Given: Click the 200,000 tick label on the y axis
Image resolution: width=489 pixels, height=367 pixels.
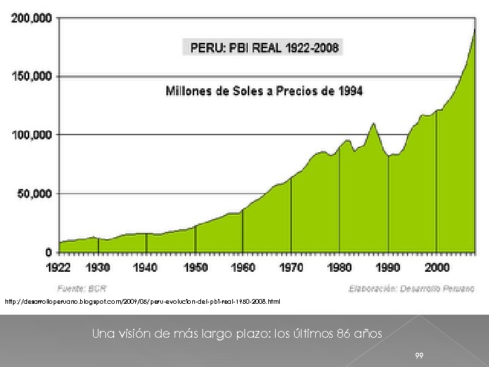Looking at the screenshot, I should click(x=31, y=18).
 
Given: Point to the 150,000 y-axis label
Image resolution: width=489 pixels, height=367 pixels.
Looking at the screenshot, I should click(x=31, y=76).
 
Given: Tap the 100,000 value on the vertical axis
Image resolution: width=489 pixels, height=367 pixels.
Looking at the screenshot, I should click(x=31, y=135).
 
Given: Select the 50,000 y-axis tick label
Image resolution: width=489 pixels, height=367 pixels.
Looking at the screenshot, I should click(x=34, y=194).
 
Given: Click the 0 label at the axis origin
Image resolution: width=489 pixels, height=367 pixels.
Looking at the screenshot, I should click(x=48, y=252).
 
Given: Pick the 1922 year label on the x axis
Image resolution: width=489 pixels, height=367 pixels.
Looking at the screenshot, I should click(x=59, y=268).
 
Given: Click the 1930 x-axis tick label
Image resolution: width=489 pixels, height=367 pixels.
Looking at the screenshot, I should click(x=98, y=268).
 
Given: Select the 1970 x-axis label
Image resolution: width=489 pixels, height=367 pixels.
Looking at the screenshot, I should click(x=291, y=268).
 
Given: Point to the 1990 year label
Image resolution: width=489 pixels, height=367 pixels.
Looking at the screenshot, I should click(x=388, y=268).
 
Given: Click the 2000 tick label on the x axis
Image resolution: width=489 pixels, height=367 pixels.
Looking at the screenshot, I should click(x=437, y=268).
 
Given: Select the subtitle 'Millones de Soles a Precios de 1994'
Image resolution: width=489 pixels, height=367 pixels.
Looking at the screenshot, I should click(x=264, y=90).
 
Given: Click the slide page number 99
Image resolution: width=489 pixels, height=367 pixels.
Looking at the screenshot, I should click(x=420, y=355).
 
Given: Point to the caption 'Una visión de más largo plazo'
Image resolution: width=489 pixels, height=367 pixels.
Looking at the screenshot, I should click(x=237, y=334).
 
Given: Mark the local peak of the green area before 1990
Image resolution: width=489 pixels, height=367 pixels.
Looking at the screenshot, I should click(x=373, y=124).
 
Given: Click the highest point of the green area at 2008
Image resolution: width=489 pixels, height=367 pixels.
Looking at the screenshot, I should click(x=473, y=30).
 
